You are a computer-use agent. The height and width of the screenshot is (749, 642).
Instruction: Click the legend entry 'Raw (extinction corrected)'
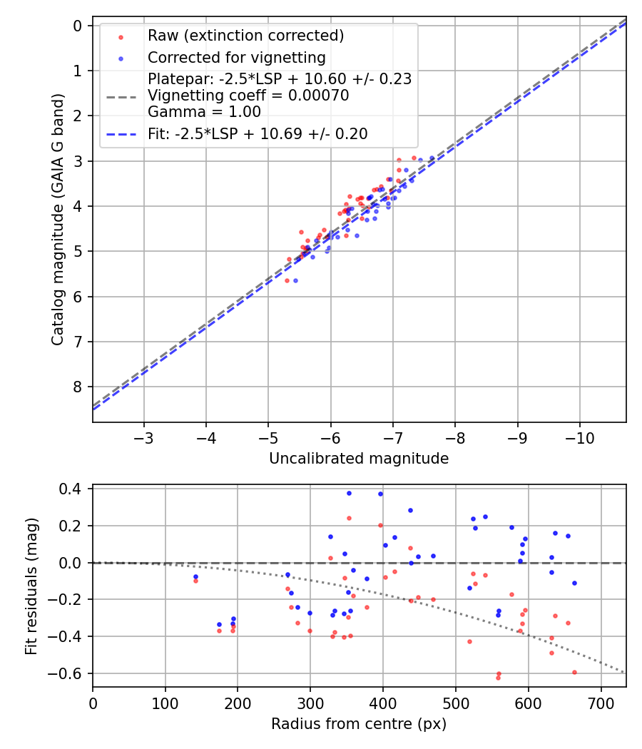tap(245, 36)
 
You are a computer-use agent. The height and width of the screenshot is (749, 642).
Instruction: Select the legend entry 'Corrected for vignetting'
tap(236, 58)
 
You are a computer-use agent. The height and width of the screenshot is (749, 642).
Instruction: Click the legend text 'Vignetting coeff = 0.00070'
tap(248, 96)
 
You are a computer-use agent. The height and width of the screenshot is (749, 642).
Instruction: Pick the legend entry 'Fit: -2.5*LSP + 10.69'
tap(258, 134)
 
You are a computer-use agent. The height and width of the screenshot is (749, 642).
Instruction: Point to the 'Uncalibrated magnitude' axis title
tap(359, 459)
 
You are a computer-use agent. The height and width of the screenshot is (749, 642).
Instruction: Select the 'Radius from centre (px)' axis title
tap(359, 724)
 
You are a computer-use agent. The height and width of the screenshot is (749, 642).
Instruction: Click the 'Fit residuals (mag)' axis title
tap(31, 586)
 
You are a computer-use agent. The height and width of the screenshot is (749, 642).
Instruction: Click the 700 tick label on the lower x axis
tap(601, 703)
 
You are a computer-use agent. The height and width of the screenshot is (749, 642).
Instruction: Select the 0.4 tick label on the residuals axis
tap(75, 489)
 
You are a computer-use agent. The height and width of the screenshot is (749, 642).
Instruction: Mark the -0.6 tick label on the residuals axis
tap(71, 673)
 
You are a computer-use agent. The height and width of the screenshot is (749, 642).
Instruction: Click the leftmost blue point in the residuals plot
tap(195, 576)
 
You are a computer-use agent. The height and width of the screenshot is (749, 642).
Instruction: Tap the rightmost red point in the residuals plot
tap(574, 672)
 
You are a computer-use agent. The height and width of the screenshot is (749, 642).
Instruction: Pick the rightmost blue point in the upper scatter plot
tap(432, 158)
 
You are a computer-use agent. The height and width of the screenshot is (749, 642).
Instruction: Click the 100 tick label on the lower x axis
tap(165, 703)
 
